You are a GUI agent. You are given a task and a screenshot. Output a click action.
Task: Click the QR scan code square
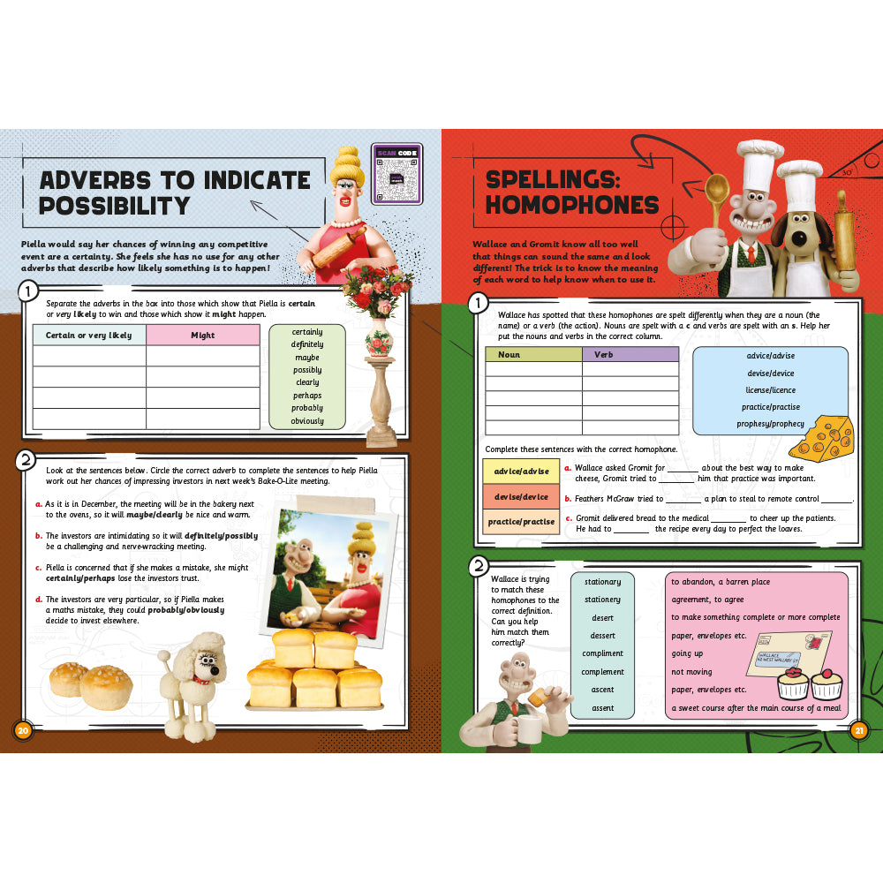396,174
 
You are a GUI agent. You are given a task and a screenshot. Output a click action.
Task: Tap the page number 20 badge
24,729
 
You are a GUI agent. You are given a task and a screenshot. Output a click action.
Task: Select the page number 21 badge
858,729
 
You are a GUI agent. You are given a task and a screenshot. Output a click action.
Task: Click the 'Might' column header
203,336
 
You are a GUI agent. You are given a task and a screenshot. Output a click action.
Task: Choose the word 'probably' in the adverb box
307,408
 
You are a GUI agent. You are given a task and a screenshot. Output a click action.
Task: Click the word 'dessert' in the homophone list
603,636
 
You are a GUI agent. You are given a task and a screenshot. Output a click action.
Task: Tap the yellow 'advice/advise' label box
520,472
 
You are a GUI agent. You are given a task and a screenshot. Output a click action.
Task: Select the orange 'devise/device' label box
520,496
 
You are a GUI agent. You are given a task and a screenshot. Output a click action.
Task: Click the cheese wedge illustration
833,436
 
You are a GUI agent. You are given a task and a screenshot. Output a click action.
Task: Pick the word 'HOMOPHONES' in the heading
572,206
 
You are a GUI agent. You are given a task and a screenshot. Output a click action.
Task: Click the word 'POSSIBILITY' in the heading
115,206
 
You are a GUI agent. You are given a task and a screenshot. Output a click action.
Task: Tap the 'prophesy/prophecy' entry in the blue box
770,424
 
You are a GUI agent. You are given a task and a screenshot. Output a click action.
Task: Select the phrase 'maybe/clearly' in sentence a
156,514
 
